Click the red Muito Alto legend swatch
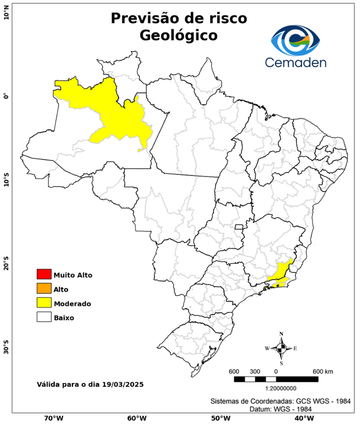(x=44, y=274)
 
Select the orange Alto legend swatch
(x=44, y=288)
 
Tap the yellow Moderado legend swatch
(x=44, y=303)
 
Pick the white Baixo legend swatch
(x=44, y=317)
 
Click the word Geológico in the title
(x=179, y=35)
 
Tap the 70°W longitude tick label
(x=53, y=418)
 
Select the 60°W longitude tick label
(x=137, y=418)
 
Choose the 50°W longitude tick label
(x=220, y=418)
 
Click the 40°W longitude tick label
(x=302, y=418)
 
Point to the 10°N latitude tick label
(x=7, y=14)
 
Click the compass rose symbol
(x=281, y=348)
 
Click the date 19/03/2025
(x=124, y=383)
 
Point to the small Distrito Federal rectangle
(x=239, y=226)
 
